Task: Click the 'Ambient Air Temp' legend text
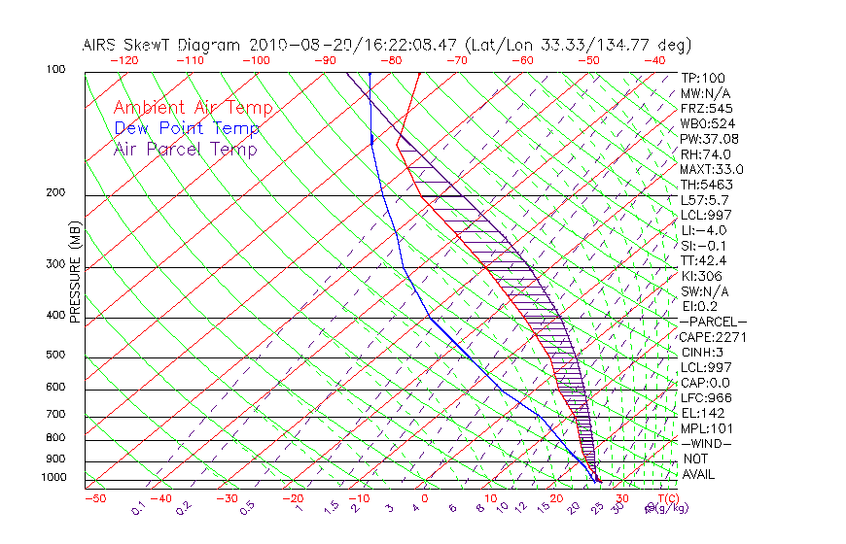pos(193,108)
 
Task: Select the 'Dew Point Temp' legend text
pos(186,128)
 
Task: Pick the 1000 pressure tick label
pos(54,477)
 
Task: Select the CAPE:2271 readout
pos(712,337)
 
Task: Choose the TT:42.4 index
pos(705,260)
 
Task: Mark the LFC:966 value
pos(705,397)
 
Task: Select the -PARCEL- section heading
pos(714,322)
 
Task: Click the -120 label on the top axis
pos(123,60)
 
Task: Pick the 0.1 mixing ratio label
pos(139,506)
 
